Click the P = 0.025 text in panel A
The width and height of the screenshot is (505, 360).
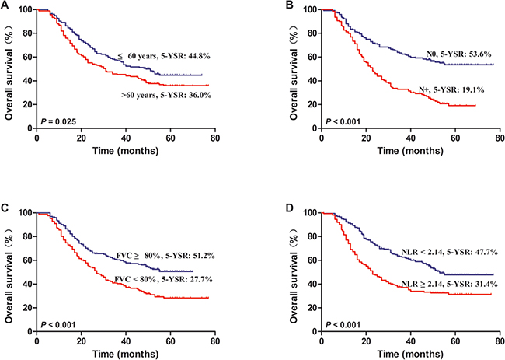tap(58, 120)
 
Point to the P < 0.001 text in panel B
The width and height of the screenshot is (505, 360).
tap(343, 120)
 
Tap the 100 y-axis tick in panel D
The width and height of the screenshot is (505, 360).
tap(311, 213)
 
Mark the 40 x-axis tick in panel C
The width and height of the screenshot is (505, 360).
tap(126, 339)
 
